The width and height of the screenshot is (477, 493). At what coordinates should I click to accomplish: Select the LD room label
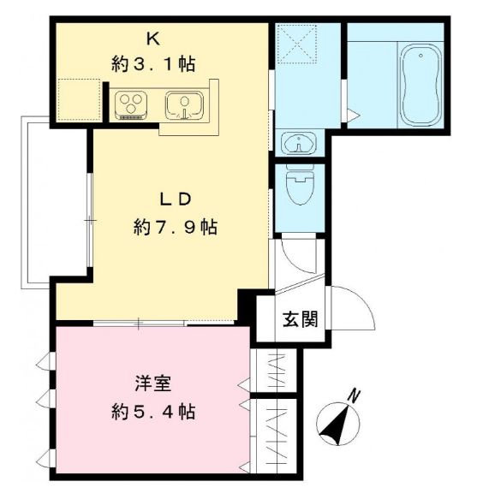pos(177,199)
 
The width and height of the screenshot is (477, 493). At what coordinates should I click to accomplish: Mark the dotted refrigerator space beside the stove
pos(80,99)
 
